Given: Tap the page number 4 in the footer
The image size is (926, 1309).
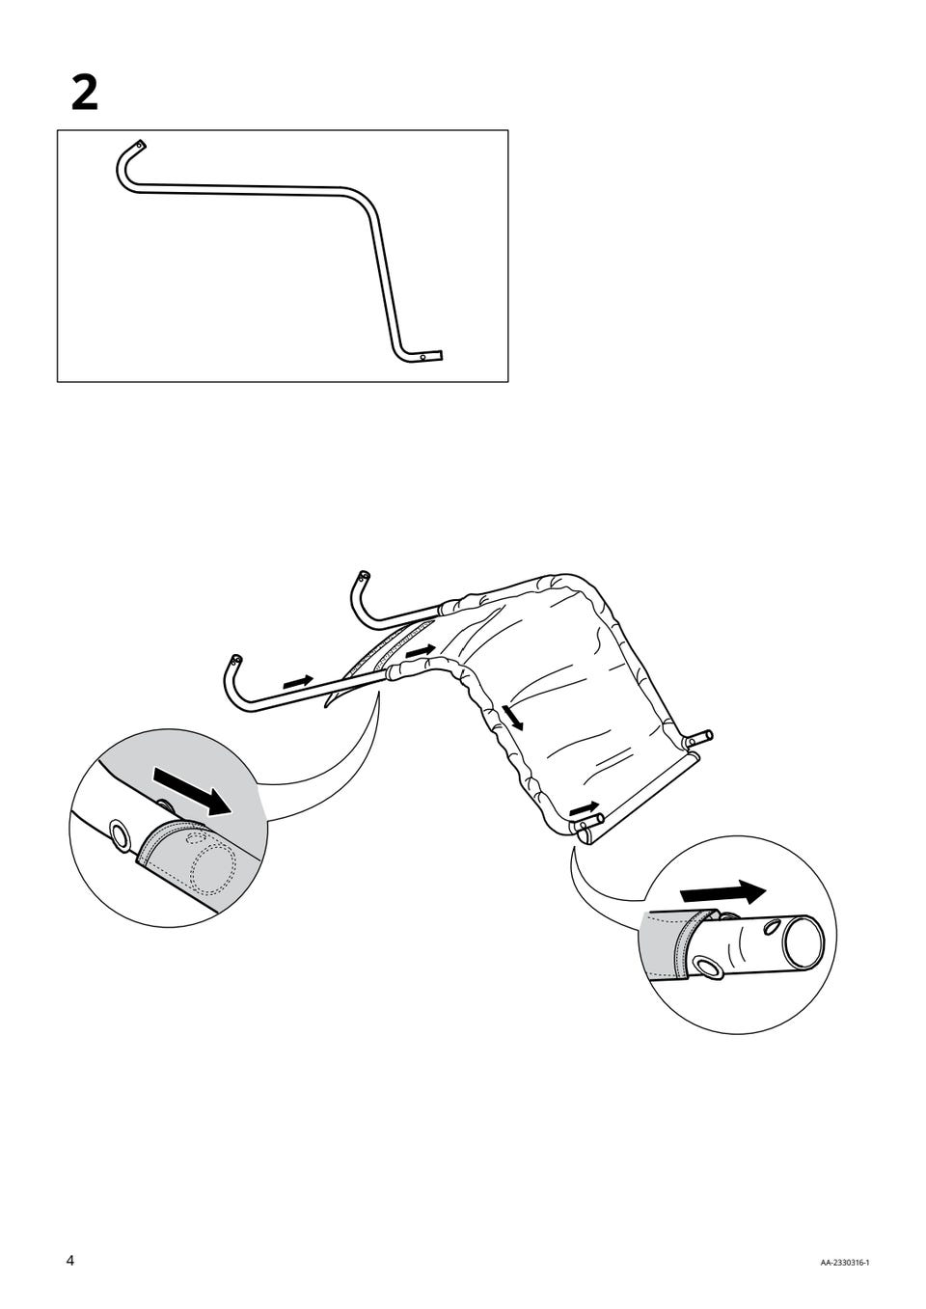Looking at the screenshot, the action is pyautogui.click(x=70, y=1255).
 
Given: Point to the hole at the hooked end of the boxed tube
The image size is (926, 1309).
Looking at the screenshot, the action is pyautogui.click(x=140, y=145).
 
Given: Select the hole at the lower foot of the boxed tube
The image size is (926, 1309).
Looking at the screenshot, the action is pyautogui.click(x=423, y=355).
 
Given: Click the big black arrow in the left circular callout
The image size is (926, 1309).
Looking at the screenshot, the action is pyautogui.click(x=191, y=791).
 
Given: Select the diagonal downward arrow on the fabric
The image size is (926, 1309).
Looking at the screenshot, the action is pyautogui.click(x=513, y=717).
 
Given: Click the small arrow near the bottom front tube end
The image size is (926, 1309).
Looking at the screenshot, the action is pyautogui.click(x=585, y=808).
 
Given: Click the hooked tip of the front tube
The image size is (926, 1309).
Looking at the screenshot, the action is pyautogui.click(x=234, y=661).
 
